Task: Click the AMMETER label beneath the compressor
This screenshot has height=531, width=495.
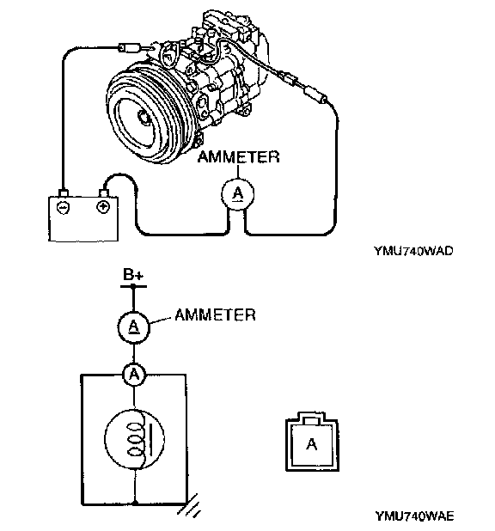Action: [x=239, y=156]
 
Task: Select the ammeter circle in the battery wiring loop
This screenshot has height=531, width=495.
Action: [x=237, y=193]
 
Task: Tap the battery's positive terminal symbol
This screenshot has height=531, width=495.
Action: [x=103, y=206]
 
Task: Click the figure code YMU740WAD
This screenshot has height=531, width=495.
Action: [x=413, y=251]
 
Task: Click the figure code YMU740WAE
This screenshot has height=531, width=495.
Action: [x=414, y=516]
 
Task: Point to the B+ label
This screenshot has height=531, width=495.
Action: [x=133, y=275]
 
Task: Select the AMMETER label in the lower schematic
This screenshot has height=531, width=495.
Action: [x=215, y=315]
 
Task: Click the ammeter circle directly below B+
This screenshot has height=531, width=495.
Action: [x=134, y=327]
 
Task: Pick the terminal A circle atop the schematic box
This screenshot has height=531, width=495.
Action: [x=134, y=375]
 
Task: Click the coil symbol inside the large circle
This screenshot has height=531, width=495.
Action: [x=139, y=439]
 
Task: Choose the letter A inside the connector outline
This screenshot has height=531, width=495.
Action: [x=312, y=444]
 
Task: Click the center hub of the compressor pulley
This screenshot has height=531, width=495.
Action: [x=145, y=117]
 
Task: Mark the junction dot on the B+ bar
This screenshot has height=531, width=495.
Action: [x=133, y=286]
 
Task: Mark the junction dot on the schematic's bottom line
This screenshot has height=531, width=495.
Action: [x=135, y=504]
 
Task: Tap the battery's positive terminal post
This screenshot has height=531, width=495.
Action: [x=103, y=193]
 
